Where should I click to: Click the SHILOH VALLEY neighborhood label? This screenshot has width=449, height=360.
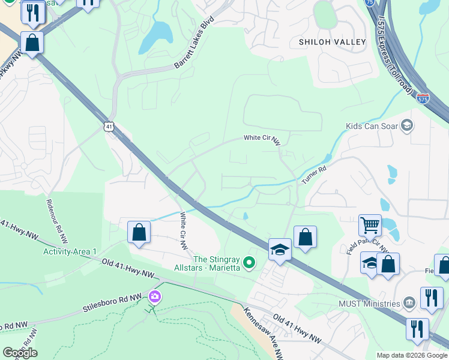(332, 42)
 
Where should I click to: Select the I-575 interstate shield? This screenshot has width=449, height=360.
(423, 98)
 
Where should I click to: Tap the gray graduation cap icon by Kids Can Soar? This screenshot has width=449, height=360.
(407, 125)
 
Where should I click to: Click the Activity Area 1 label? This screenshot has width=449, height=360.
(70, 251)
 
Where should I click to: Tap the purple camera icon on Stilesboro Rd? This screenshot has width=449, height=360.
(155, 296)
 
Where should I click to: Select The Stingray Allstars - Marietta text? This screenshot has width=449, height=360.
(207, 262)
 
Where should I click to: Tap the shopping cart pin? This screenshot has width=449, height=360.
(370, 226)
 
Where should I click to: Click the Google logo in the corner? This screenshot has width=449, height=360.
(20, 352)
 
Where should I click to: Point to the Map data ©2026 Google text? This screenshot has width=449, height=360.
(412, 355)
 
